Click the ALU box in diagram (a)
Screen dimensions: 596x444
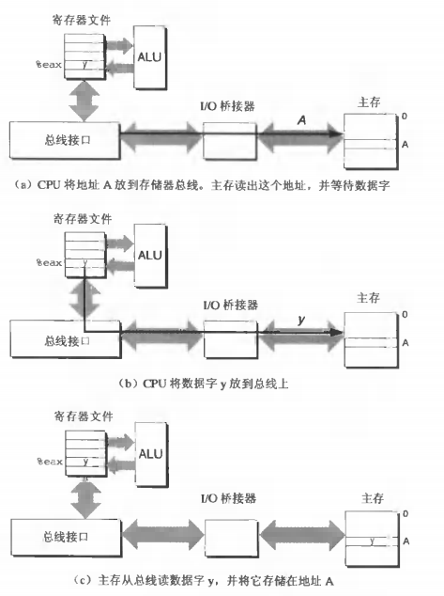point(152,55)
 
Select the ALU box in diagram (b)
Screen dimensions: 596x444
point(152,255)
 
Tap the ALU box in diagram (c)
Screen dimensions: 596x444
point(152,452)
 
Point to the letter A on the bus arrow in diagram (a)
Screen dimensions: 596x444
point(301,120)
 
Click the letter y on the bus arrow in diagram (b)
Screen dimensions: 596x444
point(300,320)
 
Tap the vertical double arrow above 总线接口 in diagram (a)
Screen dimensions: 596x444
point(86,101)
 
